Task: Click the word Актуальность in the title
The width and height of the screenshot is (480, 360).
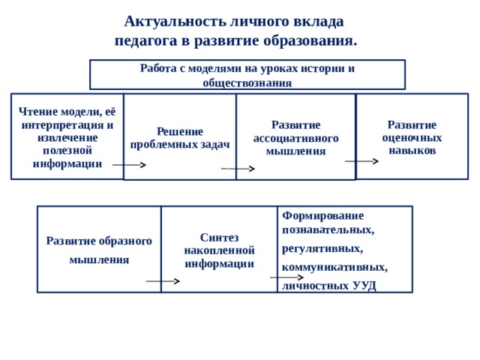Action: (x=175, y=22)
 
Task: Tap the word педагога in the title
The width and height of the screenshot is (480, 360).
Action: (x=146, y=41)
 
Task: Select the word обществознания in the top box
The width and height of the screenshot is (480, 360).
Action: (x=247, y=83)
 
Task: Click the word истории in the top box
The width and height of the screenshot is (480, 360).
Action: (x=322, y=68)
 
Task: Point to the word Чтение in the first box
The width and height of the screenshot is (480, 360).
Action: (x=38, y=112)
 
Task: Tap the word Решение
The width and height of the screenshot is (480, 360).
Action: (x=180, y=132)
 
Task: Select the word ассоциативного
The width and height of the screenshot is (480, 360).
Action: (x=296, y=138)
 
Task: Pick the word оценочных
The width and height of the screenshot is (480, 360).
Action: (x=412, y=138)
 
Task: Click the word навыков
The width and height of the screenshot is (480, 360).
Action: (x=412, y=151)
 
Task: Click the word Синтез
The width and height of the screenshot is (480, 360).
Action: (x=220, y=238)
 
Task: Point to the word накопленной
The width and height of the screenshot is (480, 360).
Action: (x=220, y=250)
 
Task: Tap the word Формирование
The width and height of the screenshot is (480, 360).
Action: (x=323, y=216)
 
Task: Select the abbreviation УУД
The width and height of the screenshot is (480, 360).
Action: (x=364, y=286)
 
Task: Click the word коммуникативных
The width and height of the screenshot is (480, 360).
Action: (x=335, y=267)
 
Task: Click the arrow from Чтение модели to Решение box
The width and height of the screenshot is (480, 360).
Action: (x=129, y=165)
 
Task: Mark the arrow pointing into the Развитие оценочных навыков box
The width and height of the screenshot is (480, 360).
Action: (x=361, y=161)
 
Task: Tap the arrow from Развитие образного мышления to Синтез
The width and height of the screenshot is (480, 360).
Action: (x=163, y=281)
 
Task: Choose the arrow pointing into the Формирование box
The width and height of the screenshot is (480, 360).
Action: (x=286, y=277)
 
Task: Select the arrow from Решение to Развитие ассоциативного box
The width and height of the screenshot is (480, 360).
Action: (x=238, y=169)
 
